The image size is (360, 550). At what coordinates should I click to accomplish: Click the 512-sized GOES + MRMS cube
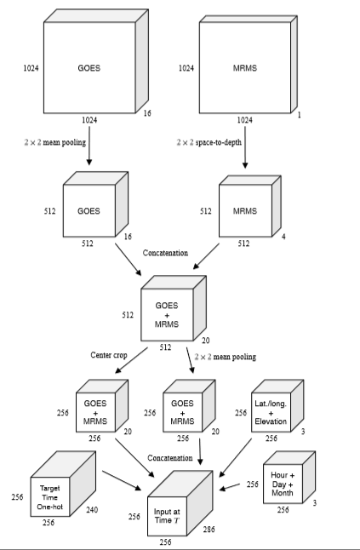[x=167, y=311]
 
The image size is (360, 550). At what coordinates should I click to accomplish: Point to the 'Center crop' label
[x=108, y=354]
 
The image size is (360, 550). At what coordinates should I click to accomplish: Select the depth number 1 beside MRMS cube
[x=298, y=112]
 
